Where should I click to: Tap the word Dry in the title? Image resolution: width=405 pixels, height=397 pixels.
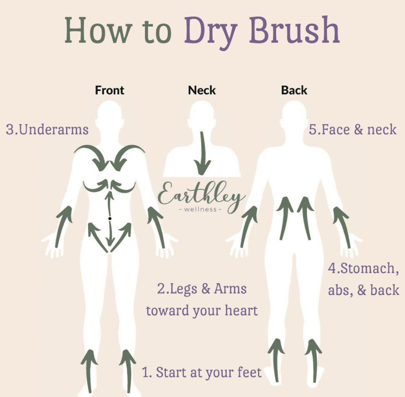pos(210,33)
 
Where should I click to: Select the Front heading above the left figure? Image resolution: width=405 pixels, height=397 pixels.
pos(110,90)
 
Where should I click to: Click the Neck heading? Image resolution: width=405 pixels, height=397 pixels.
pos(202,90)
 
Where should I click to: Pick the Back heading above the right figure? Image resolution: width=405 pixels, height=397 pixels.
pos(294,90)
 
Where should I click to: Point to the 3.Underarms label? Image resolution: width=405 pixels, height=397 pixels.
pos(47,129)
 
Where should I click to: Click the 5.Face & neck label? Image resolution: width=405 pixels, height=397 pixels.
pos(352,129)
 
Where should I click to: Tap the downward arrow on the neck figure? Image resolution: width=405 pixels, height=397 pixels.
pos(202,153)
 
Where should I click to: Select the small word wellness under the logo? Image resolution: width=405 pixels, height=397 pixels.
pos(200,209)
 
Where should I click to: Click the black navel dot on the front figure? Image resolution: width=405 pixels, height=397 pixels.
pos(110,218)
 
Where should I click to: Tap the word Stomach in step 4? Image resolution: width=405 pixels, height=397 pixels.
pos(367,268)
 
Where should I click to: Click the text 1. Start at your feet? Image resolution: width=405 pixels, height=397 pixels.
pos(202,373)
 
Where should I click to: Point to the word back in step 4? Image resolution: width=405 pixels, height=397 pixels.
pos(385,290)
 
